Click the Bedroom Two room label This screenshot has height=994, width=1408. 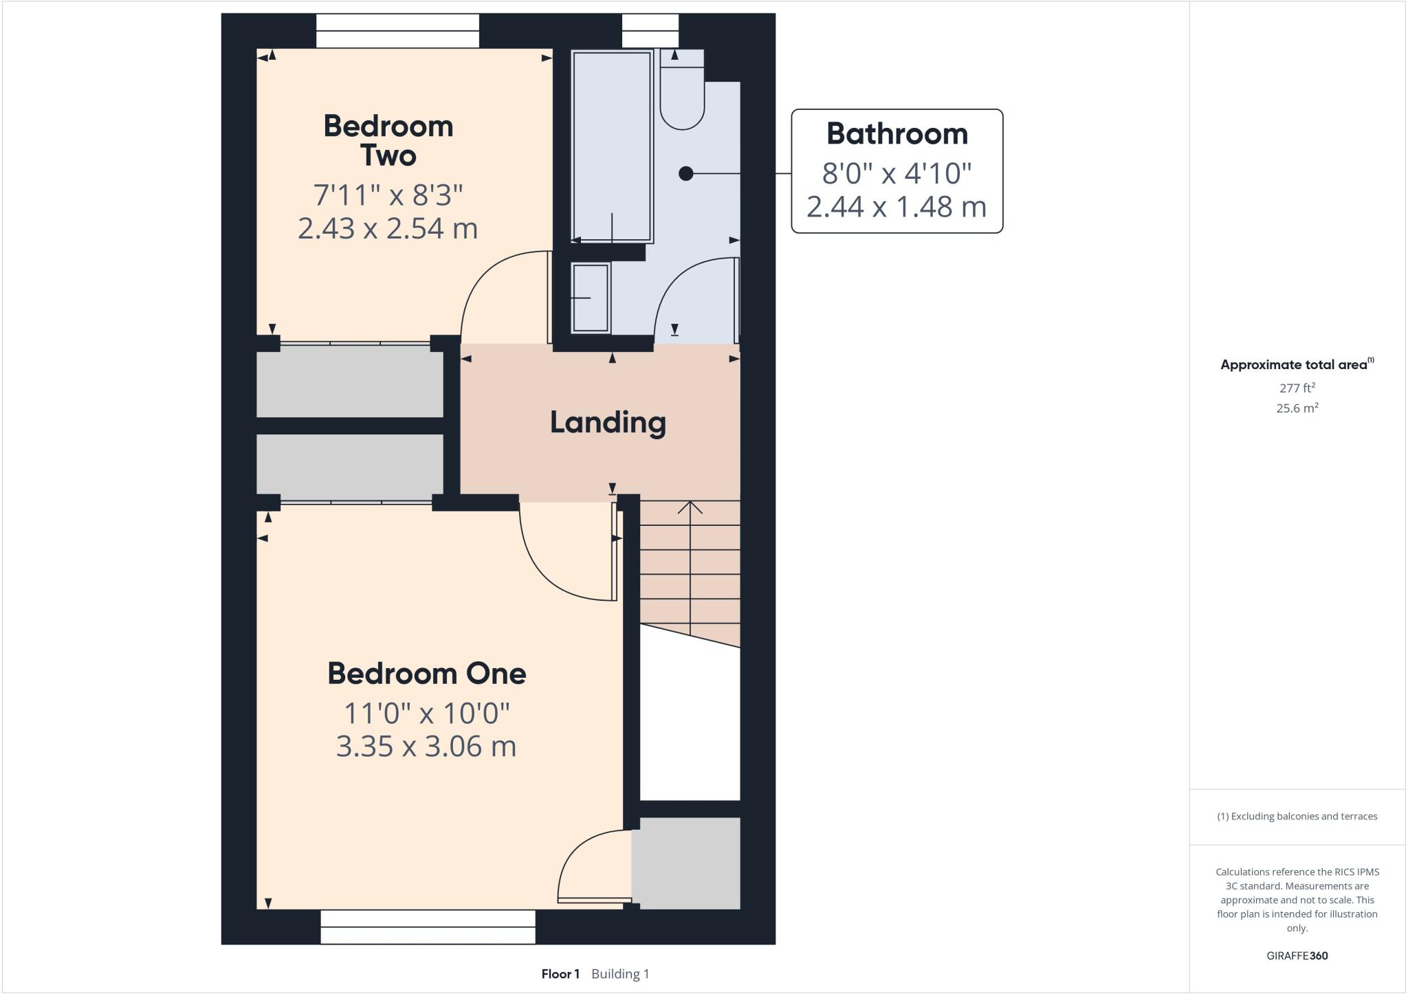point(388,141)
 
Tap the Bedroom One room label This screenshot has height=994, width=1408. point(426,674)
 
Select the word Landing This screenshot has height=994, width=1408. point(608,423)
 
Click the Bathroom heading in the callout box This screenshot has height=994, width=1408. point(896,134)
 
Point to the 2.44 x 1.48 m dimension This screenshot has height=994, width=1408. point(896,206)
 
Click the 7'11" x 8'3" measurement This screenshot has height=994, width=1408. point(388,195)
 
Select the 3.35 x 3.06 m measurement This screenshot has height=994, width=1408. point(426,747)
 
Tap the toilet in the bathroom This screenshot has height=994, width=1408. point(682,96)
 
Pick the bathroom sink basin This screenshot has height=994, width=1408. point(591,298)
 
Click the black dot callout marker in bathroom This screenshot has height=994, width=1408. point(685,174)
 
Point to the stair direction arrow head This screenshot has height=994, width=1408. point(690,507)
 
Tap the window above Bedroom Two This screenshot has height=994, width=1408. point(397,31)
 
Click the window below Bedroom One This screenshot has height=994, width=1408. point(428,927)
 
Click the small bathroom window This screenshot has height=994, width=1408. point(650,31)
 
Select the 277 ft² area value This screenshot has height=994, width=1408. point(1297,388)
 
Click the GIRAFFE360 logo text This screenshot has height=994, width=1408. point(1297,956)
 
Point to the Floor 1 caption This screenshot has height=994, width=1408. point(560,974)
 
